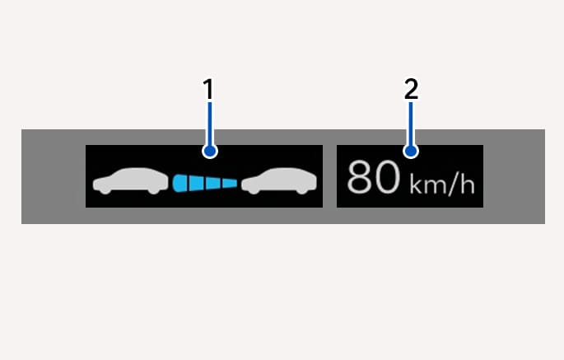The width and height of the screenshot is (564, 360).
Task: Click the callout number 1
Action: coord(208,89)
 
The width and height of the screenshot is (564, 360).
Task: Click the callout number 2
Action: coord(411,89)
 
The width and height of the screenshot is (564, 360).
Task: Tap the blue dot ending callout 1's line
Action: coord(210,151)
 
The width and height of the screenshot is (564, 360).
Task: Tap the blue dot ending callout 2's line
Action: coord(411,151)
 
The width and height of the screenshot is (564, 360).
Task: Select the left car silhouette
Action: coord(130,180)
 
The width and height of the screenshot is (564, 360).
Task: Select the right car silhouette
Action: coord(279,180)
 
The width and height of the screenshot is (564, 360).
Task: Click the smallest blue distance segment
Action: coord(230,183)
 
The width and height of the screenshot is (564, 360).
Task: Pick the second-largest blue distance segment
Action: coord(196,183)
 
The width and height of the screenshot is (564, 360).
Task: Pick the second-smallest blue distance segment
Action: coord(213,183)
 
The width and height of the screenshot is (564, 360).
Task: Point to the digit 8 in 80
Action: coord(360,177)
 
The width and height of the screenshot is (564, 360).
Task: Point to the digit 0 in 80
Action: coord(388,177)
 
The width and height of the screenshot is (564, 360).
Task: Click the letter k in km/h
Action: coord(416,185)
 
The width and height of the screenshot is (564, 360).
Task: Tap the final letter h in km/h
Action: coord(468,185)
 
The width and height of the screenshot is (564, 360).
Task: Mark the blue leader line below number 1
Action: coord(210,124)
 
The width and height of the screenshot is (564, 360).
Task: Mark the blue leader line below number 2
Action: coord(411,124)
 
